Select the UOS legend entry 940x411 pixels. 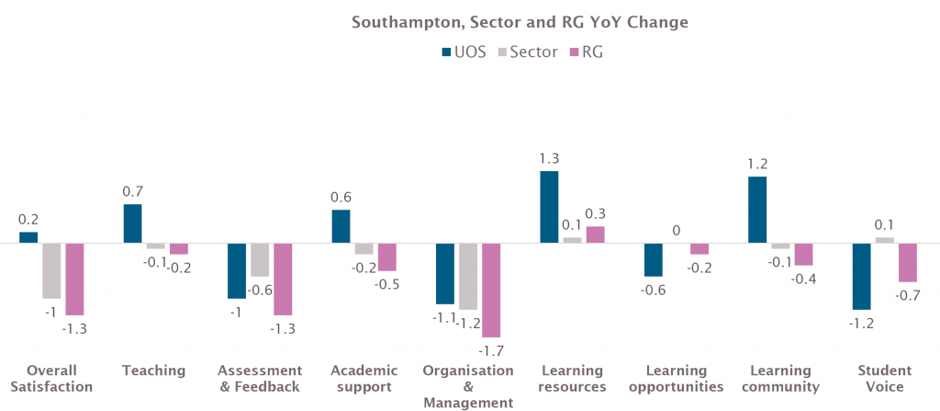[x=464, y=51]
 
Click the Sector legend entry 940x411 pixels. [x=527, y=51]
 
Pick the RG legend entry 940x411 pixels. [x=587, y=51]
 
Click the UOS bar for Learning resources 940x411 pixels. [x=549, y=207]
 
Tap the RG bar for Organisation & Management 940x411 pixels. [x=491, y=290]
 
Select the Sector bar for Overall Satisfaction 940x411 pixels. [x=50, y=270]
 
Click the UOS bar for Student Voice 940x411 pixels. [x=861, y=276]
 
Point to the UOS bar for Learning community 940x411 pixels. [x=757, y=210]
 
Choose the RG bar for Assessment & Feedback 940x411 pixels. [x=283, y=279]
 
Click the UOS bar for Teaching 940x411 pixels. [x=132, y=223]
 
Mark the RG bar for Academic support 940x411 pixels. [x=387, y=257]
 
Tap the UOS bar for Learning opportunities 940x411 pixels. [x=653, y=259]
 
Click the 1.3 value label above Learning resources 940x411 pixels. [x=549, y=158]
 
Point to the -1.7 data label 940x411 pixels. [x=492, y=351]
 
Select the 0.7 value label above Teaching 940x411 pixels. [x=132, y=191]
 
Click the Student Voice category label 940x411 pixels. [x=884, y=379]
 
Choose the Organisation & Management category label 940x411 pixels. [x=467, y=386]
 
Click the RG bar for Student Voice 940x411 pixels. [x=907, y=262]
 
